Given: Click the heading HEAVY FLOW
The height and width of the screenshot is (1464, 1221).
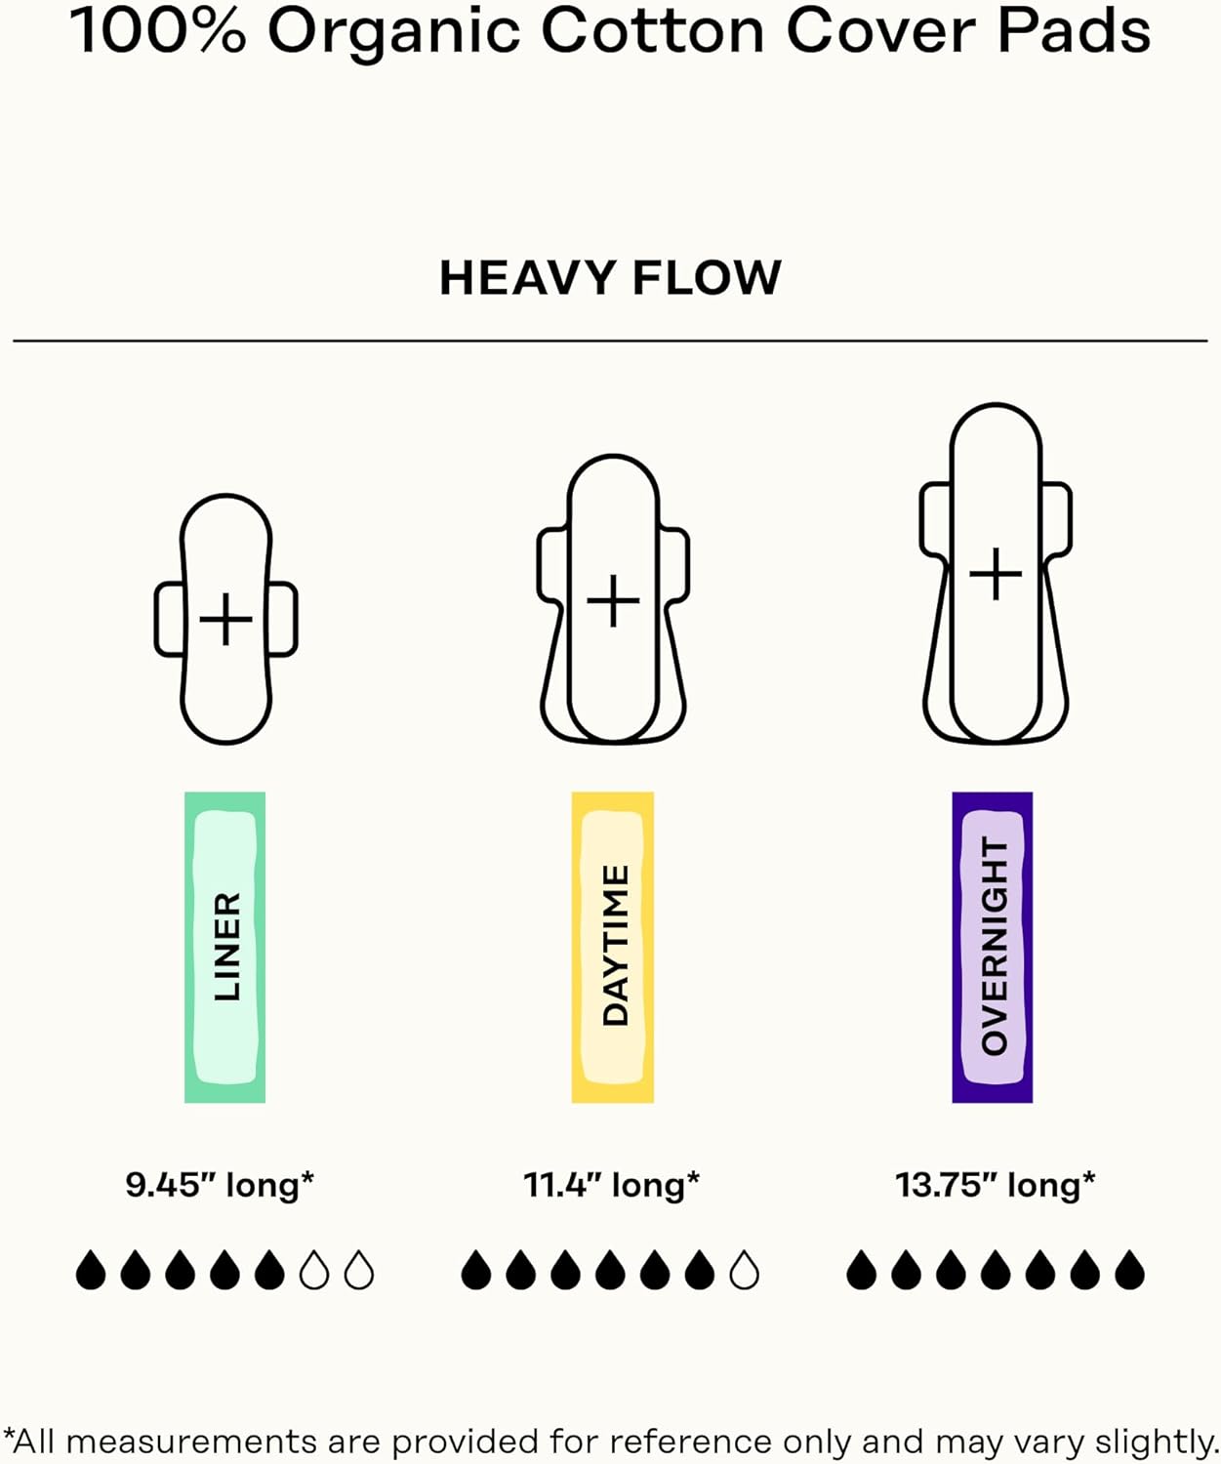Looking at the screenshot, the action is tap(610, 277).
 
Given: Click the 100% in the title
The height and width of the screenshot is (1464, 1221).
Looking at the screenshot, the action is tap(158, 31).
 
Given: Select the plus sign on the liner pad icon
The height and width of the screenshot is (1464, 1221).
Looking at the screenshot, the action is tap(225, 619).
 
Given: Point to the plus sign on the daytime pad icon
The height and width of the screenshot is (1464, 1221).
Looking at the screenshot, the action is tap(613, 601).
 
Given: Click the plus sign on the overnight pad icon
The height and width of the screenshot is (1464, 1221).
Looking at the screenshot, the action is tap(996, 574).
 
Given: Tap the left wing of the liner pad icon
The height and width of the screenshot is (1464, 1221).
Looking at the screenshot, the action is tap(171, 619).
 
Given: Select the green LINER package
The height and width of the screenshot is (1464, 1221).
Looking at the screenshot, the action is tap(225, 948).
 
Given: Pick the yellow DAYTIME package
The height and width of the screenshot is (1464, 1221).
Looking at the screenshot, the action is tap(613, 948).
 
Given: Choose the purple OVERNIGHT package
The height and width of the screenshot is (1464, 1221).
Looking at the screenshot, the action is tap(993, 948).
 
